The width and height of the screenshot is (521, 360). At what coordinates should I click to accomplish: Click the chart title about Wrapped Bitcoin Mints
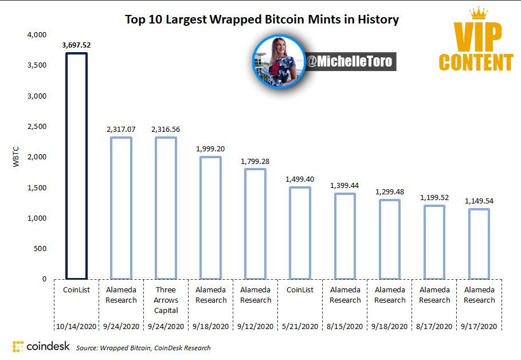pyautogui.click(x=262, y=19)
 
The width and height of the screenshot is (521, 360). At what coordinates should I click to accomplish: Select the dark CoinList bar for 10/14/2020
pyautogui.click(x=66, y=166)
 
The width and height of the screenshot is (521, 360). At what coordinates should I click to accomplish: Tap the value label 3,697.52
pyautogui.click(x=76, y=45)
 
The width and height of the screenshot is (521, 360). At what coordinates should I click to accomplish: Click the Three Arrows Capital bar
pyautogui.click(x=156, y=208)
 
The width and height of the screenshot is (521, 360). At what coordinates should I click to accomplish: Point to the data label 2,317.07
pyautogui.click(x=121, y=129)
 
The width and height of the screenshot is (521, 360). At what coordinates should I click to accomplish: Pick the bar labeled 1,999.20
pyautogui.click(x=201, y=218)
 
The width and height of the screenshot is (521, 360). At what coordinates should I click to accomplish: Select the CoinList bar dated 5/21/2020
pyautogui.click(x=290, y=233)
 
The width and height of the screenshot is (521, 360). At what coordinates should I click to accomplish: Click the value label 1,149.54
pyautogui.click(x=479, y=201)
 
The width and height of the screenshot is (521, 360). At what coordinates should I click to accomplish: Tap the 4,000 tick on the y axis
pyautogui.click(x=37, y=34)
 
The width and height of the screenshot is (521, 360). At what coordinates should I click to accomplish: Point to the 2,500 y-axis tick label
pyautogui.click(x=37, y=126)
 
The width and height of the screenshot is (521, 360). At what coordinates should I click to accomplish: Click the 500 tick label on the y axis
pyautogui.click(x=40, y=249)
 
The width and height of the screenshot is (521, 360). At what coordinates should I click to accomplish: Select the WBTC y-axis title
pyautogui.click(x=15, y=156)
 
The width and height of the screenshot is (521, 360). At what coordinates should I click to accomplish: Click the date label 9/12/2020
pyautogui.click(x=255, y=326)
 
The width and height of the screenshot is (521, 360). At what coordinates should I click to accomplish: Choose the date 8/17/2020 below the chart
pyautogui.click(x=434, y=326)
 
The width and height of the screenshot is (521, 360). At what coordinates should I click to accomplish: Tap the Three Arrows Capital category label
pyautogui.click(x=166, y=300)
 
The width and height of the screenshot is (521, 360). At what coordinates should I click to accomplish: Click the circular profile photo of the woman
pyautogui.click(x=279, y=62)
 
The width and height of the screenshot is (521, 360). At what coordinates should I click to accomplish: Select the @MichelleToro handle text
pyautogui.click(x=349, y=61)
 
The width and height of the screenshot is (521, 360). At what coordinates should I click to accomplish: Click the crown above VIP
pyautogui.click(x=479, y=13)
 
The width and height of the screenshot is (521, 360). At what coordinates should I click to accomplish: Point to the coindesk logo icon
pyautogui.click(x=18, y=346)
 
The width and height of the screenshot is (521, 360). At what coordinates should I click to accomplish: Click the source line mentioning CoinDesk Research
pyautogui.click(x=143, y=348)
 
